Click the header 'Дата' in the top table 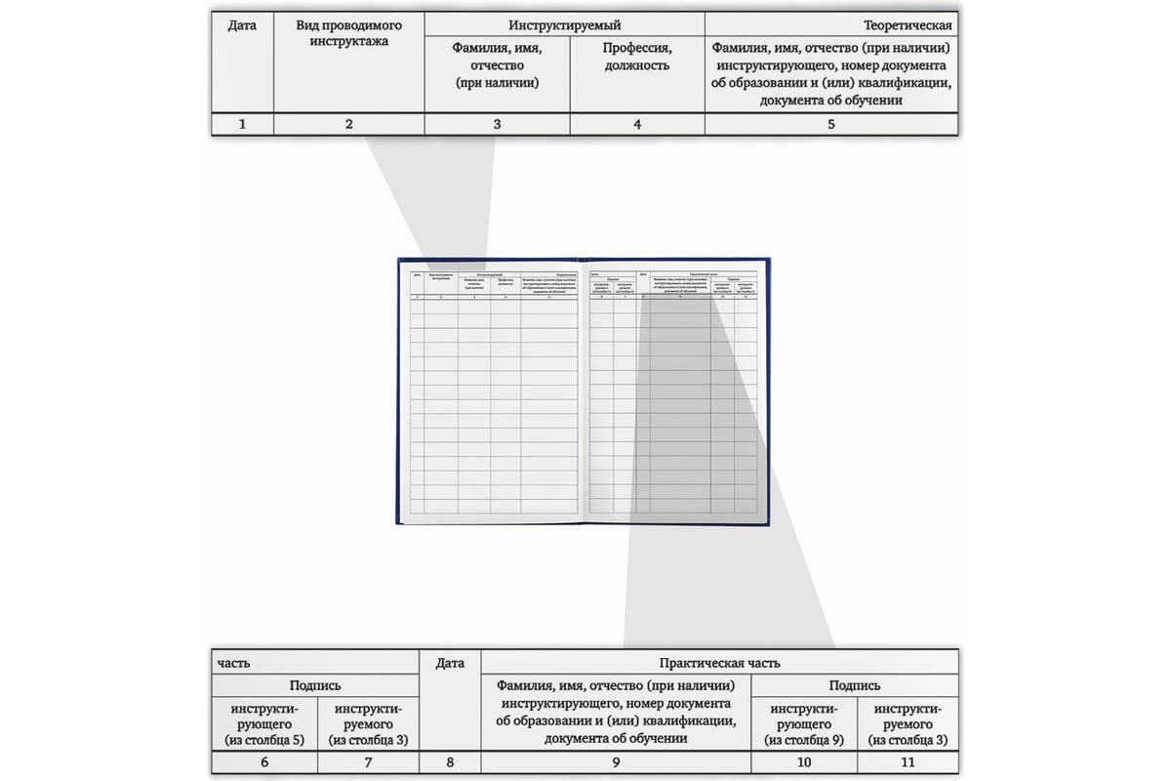pos(242,24)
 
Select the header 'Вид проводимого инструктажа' pos(348,33)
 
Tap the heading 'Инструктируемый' pos(564,24)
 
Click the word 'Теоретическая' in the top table pos(908,24)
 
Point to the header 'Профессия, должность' pos(636,57)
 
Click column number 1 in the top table pos(242,124)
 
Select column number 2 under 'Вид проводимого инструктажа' pos(348,124)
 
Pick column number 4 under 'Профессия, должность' pos(636,124)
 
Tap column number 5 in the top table pos(830,124)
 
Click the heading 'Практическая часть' pos(719,663)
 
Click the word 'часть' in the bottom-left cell pos(233,663)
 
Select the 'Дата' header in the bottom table pos(449,664)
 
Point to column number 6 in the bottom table pos(264,763)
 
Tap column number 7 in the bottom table pos(368,763)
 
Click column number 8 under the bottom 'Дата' pos(449,763)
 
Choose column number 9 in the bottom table pos(616,763)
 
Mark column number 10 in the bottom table pos(803,763)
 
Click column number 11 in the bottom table pos(908,763)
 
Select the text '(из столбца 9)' pos(803,740)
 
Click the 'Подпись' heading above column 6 pos(315,686)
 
